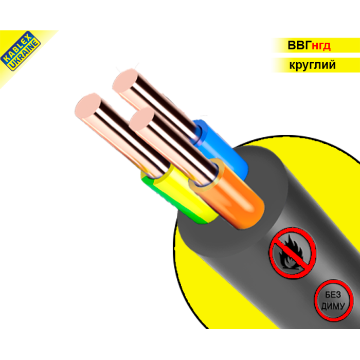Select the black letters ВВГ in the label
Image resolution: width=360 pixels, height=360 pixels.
[299, 45]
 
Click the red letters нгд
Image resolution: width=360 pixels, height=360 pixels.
[321, 46]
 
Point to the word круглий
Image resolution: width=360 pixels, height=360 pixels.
[312, 65]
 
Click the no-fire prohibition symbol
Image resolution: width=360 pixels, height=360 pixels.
[293, 253]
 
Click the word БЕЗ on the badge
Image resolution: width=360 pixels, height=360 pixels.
[333, 295]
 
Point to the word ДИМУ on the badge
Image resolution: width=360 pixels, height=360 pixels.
[333, 305]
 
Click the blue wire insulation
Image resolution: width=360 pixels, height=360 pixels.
[221, 147]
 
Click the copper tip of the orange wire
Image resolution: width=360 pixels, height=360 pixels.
[141, 119]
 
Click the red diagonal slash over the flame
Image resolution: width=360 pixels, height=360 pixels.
[293, 253]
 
